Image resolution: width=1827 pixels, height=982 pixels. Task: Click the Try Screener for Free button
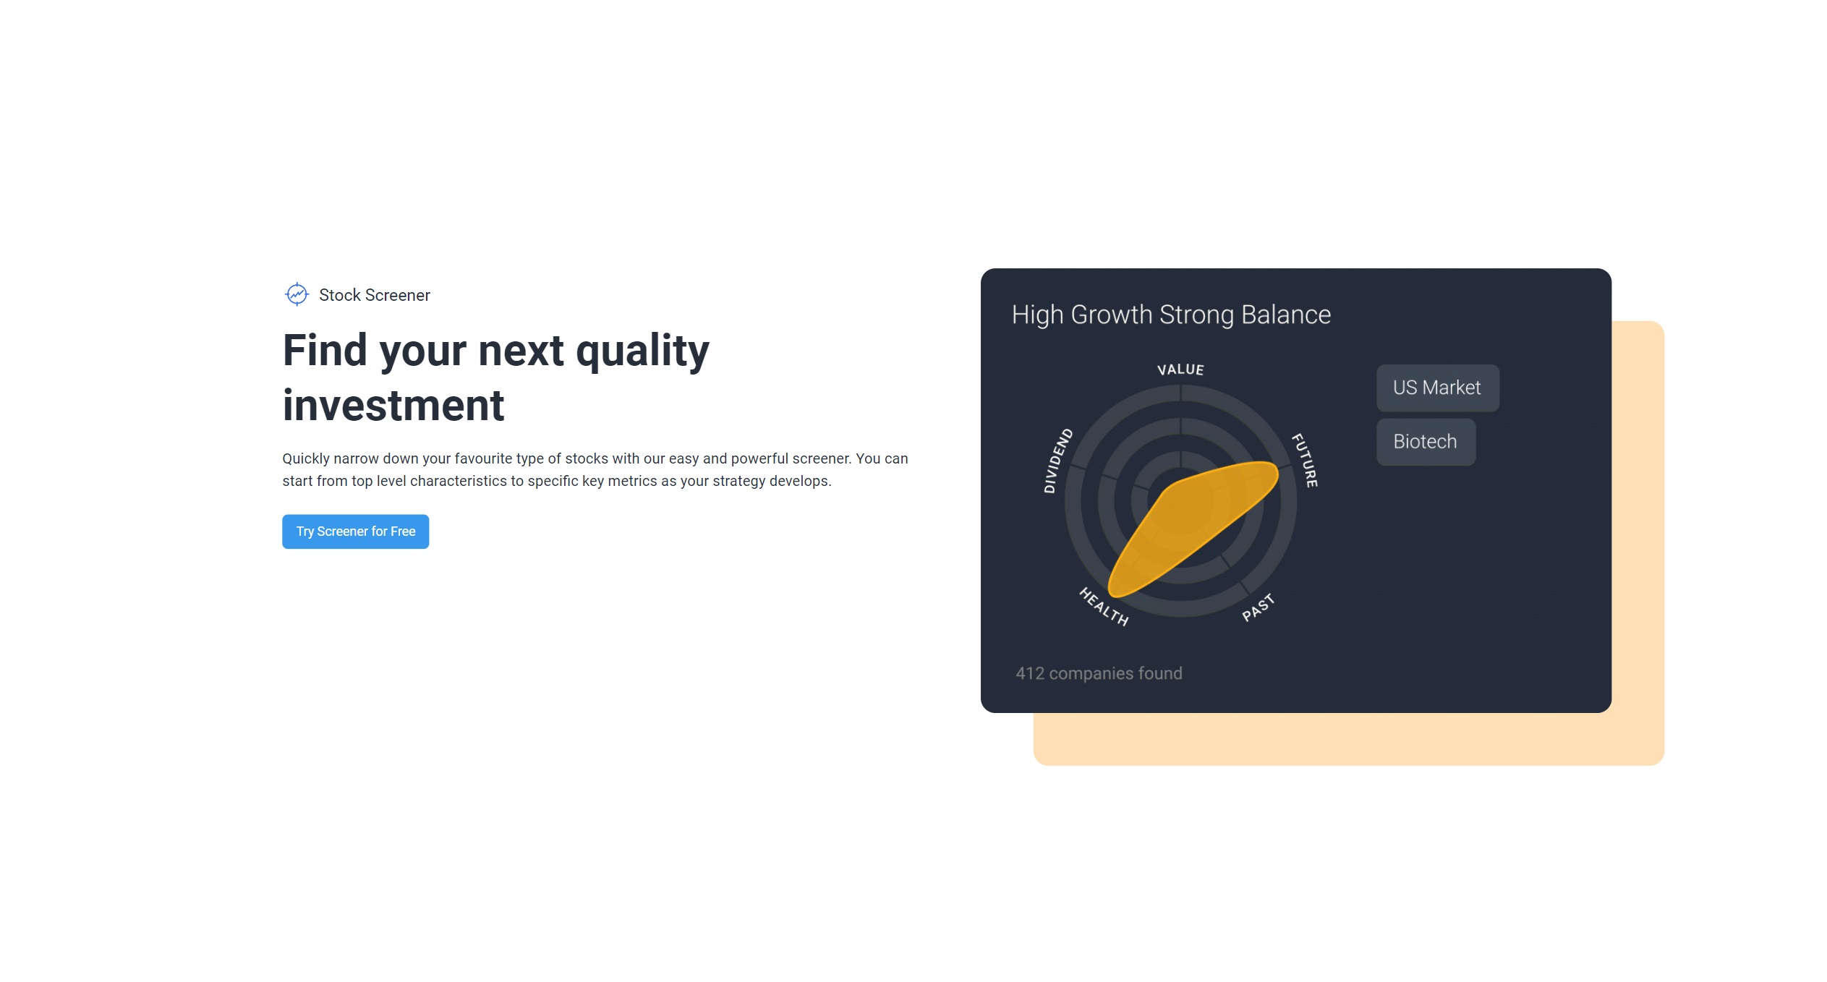click(x=355, y=531)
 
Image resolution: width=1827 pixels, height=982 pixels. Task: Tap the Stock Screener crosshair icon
click(x=297, y=294)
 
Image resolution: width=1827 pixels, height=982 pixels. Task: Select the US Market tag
click(x=1437, y=388)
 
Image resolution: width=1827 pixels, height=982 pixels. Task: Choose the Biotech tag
click(x=1425, y=442)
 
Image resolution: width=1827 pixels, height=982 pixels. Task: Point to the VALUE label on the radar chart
click(x=1180, y=370)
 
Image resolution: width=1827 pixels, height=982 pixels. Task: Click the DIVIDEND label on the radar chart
click(x=1057, y=461)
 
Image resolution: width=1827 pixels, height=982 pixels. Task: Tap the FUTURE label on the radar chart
click(x=1306, y=460)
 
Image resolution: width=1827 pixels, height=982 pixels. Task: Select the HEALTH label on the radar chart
click(x=1103, y=607)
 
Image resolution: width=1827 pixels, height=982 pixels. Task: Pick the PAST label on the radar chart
click(x=1259, y=607)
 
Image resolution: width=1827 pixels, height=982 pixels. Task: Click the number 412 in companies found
click(x=1030, y=673)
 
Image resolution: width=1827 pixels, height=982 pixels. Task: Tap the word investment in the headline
click(x=393, y=405)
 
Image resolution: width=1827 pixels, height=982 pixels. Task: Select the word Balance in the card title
click(x=1285, y=315)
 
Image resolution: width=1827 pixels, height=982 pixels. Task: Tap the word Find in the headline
click(x=325, y=350)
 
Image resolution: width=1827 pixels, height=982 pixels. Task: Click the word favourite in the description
click(x=484, y=458)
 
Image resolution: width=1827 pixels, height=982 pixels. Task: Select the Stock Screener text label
click(x=375, y=295)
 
